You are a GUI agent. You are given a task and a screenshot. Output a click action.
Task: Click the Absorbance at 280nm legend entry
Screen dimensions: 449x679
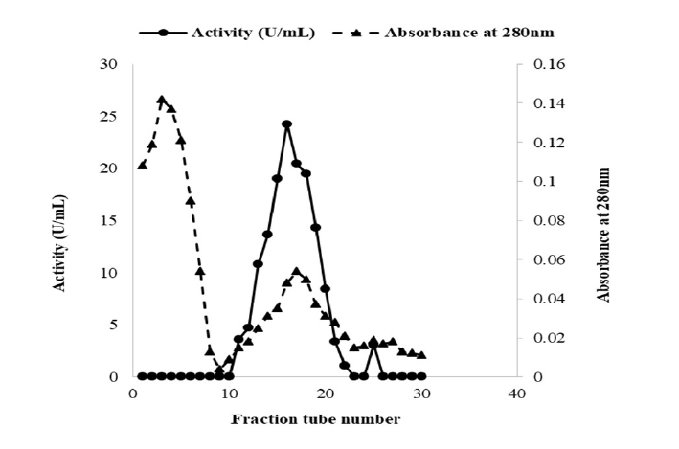470,32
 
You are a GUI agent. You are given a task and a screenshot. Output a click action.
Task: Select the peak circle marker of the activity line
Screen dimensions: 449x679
286,124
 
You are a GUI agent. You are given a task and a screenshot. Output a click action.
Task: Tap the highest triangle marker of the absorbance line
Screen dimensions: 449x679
161,100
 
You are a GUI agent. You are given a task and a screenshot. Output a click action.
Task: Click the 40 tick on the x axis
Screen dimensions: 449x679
517,393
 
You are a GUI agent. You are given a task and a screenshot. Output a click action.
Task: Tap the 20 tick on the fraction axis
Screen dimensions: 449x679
325,393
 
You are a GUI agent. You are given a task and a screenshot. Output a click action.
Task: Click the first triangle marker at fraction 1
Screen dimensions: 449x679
142,165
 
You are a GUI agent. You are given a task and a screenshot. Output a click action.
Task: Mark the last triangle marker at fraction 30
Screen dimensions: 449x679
421,355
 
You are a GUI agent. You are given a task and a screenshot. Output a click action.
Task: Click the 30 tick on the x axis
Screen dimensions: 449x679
421,393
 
